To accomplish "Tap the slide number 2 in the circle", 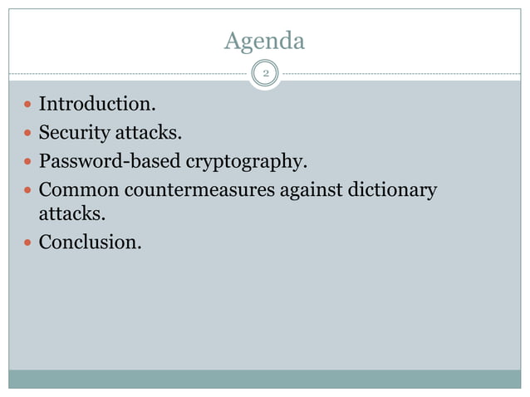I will point(265,75).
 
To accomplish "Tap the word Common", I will point(77,190).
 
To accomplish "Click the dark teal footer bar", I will point(264,379).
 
